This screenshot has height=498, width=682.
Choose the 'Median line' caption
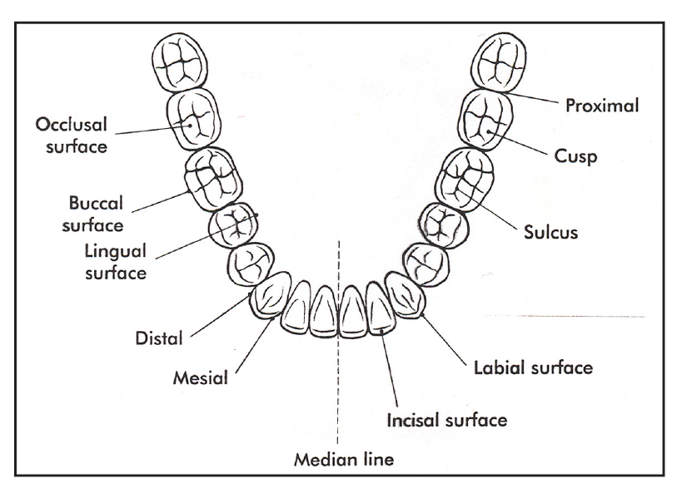pyautogui.click(x=338, y=459)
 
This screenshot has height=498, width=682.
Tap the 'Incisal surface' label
pyautogui.click(x=446, y=420)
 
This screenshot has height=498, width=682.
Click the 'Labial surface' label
pyautogui.click(x=533, y=367)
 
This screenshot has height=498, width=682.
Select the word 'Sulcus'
pyautogui.click(x=550, y=233)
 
